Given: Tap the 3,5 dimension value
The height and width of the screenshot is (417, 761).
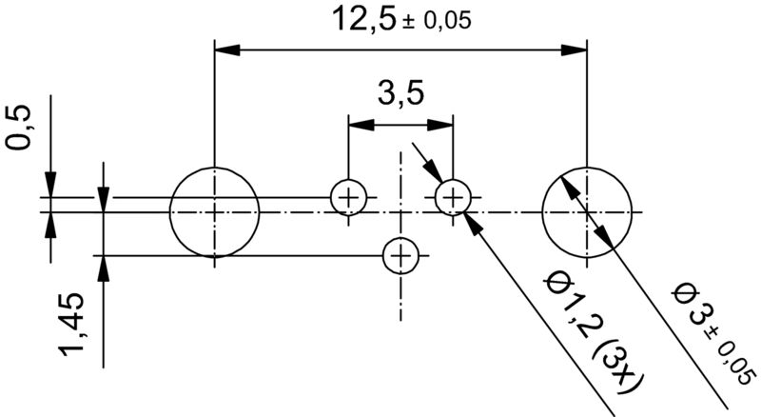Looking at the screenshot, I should (400, 94).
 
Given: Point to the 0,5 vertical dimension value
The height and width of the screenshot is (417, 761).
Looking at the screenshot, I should (20, 128).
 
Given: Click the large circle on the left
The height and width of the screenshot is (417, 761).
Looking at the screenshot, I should (214, 211).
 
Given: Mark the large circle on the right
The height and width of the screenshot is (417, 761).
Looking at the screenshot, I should (587, 211).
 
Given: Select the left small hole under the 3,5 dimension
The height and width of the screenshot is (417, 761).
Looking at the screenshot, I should (348, 198).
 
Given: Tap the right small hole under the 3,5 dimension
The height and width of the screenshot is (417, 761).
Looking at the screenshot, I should (453, 198).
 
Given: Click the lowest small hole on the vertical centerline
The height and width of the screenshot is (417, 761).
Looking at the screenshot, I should (400, 255).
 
